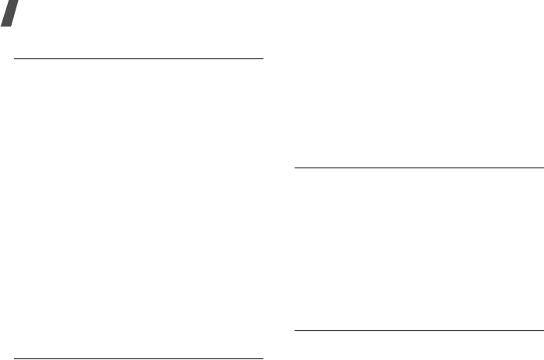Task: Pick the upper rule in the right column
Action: (x=419, y=167)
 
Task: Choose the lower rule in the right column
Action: (x=419, y=333)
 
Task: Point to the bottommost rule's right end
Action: (x=264, y=358)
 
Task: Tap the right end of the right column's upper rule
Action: (x=542, y=167)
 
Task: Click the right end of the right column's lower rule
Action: (x=542, y=333)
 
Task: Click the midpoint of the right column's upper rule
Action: (x=419, y=167)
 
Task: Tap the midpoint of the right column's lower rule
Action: (x=419, y=333)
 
